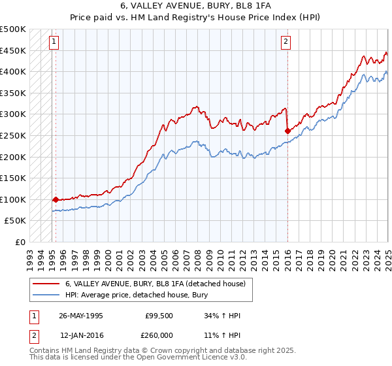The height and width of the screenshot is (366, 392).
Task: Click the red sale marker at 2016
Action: click(288, 131)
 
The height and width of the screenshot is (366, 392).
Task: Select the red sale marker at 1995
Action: click(56, 199)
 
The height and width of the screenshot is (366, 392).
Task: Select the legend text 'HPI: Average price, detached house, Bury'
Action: click(141, 295)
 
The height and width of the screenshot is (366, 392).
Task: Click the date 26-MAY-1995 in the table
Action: click(81, 316)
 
